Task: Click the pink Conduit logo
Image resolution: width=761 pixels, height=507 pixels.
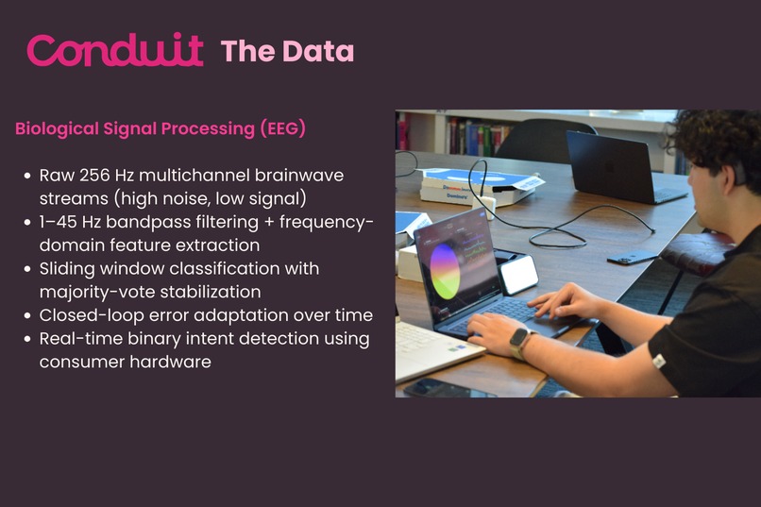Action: point(115,49)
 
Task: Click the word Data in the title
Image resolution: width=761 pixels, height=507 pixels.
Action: point(318,51)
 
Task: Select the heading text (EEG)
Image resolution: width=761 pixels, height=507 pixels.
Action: point(283,129)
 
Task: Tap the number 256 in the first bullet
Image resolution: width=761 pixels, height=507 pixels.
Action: point(94,176)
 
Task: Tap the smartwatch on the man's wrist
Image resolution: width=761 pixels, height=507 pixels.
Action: point(520,343)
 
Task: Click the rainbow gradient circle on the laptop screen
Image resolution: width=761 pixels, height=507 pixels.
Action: point(445,271)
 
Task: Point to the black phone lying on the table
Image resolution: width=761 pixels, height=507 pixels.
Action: point(633,257)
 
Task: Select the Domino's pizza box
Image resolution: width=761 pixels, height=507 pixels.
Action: point(478,186)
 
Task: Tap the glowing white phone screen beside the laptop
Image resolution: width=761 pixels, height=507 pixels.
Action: point(518,275)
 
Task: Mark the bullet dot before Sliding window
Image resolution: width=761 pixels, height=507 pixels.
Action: point(27,269)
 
